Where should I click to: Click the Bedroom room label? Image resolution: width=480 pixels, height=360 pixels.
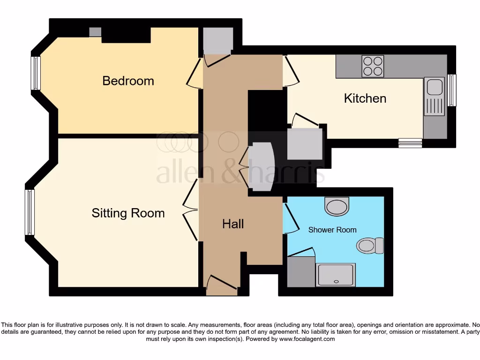[x=128, y=81]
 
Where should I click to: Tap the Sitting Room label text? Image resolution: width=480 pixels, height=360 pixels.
[x=128, y=213]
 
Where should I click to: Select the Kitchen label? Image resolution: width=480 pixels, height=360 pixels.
[x=365, y=98]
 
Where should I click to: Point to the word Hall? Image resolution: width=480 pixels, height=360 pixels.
[x=233, y=224]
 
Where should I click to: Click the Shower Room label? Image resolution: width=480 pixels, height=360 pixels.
[x=332, y=230]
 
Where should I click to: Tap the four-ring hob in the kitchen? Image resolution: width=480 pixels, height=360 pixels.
[x=373, y=66]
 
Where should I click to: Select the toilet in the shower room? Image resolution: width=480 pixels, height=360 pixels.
[x=370, y=246]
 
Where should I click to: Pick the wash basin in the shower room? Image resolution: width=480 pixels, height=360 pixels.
[x=337, y=206]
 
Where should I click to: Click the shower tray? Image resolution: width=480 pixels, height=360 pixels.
[x=336, y=275]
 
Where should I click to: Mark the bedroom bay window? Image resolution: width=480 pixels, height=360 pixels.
[x=36, y=73]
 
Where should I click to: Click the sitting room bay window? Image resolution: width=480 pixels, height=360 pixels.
[x=30, y=212]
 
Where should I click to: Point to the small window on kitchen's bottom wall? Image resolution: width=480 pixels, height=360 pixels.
[x=410, y=143]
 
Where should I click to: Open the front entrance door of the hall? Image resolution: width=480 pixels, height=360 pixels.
[x=222, y=284]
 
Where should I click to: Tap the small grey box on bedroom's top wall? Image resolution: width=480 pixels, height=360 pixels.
[x=95, y=32]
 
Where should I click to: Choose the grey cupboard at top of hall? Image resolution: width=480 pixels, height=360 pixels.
[x=218, y=40]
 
